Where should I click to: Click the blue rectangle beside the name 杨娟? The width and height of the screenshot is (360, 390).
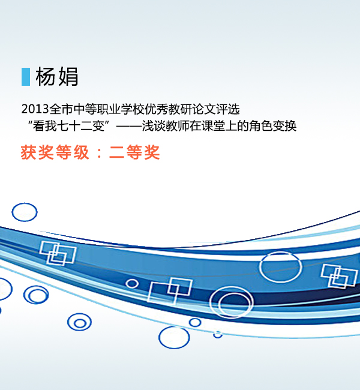point(26,77)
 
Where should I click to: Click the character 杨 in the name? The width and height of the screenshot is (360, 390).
point(45,77)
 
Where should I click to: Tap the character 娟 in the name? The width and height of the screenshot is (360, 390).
point(67,77)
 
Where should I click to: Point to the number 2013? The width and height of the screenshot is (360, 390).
point(35,109)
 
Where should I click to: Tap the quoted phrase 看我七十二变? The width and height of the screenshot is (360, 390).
point(68,125)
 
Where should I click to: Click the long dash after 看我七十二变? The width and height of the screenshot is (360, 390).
point(128,126)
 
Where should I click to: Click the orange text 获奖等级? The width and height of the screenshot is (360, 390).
point(55,152)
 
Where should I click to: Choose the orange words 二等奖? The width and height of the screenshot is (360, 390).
point(134,152)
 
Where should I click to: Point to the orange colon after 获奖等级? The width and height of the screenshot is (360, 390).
point(99,153)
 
